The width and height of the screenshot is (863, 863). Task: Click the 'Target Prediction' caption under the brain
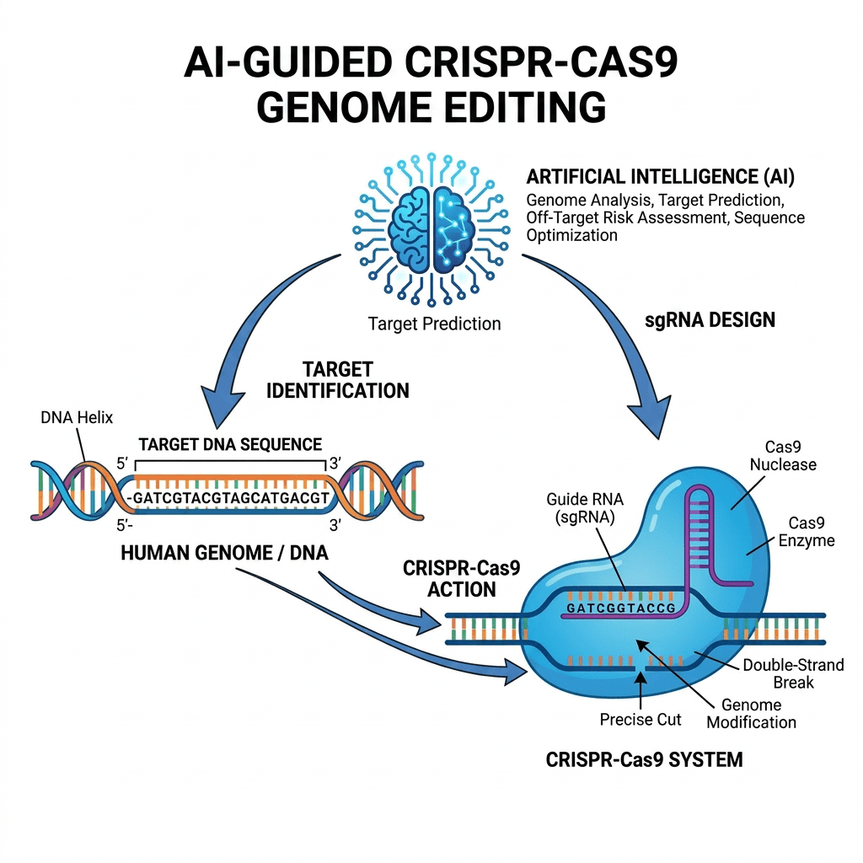434,324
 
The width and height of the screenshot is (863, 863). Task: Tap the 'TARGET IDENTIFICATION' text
354,380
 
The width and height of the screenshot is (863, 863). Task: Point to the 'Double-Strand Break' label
793,673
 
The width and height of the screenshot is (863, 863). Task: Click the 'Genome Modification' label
751,713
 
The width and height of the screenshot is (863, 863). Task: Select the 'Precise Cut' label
641,719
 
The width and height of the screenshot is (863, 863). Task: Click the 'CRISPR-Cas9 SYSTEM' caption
645,759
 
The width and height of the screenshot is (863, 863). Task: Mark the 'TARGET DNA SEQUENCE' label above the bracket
230,443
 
